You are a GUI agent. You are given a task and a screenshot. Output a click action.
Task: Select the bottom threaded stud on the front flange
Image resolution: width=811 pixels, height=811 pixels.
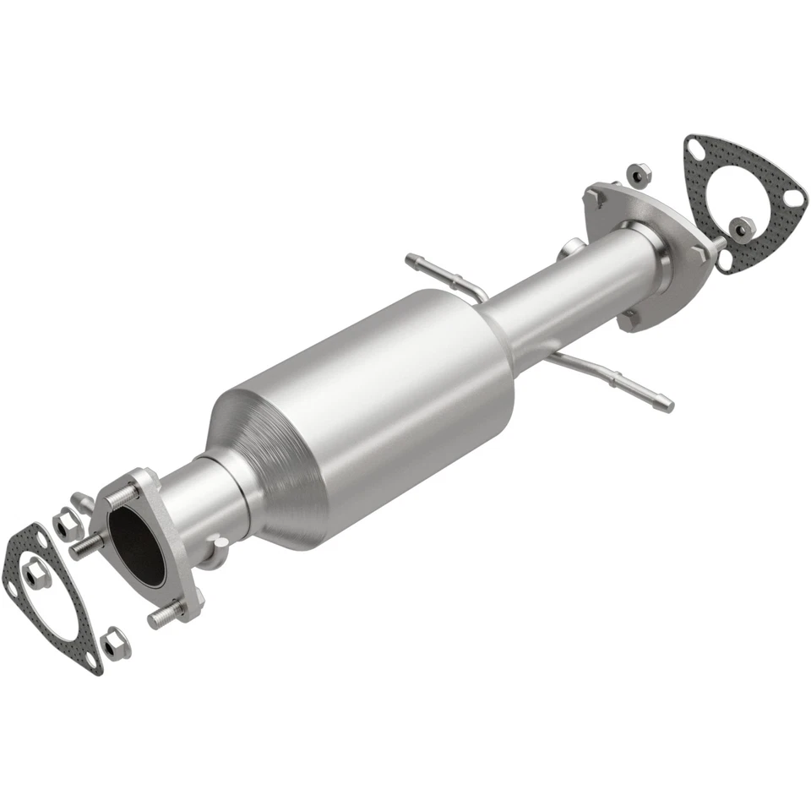pyautogui.click(x=166, y=615)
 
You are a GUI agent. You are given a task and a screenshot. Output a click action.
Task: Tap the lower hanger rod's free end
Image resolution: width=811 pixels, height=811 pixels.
pyautogui.click(x=667, y=403)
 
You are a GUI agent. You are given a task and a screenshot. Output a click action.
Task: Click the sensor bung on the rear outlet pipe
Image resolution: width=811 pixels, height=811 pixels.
pyautogui.click(x=569, y=249)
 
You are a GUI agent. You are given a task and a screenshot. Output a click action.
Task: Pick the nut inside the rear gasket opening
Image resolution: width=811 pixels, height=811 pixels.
pyautogui.click(x=742, y=227)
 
